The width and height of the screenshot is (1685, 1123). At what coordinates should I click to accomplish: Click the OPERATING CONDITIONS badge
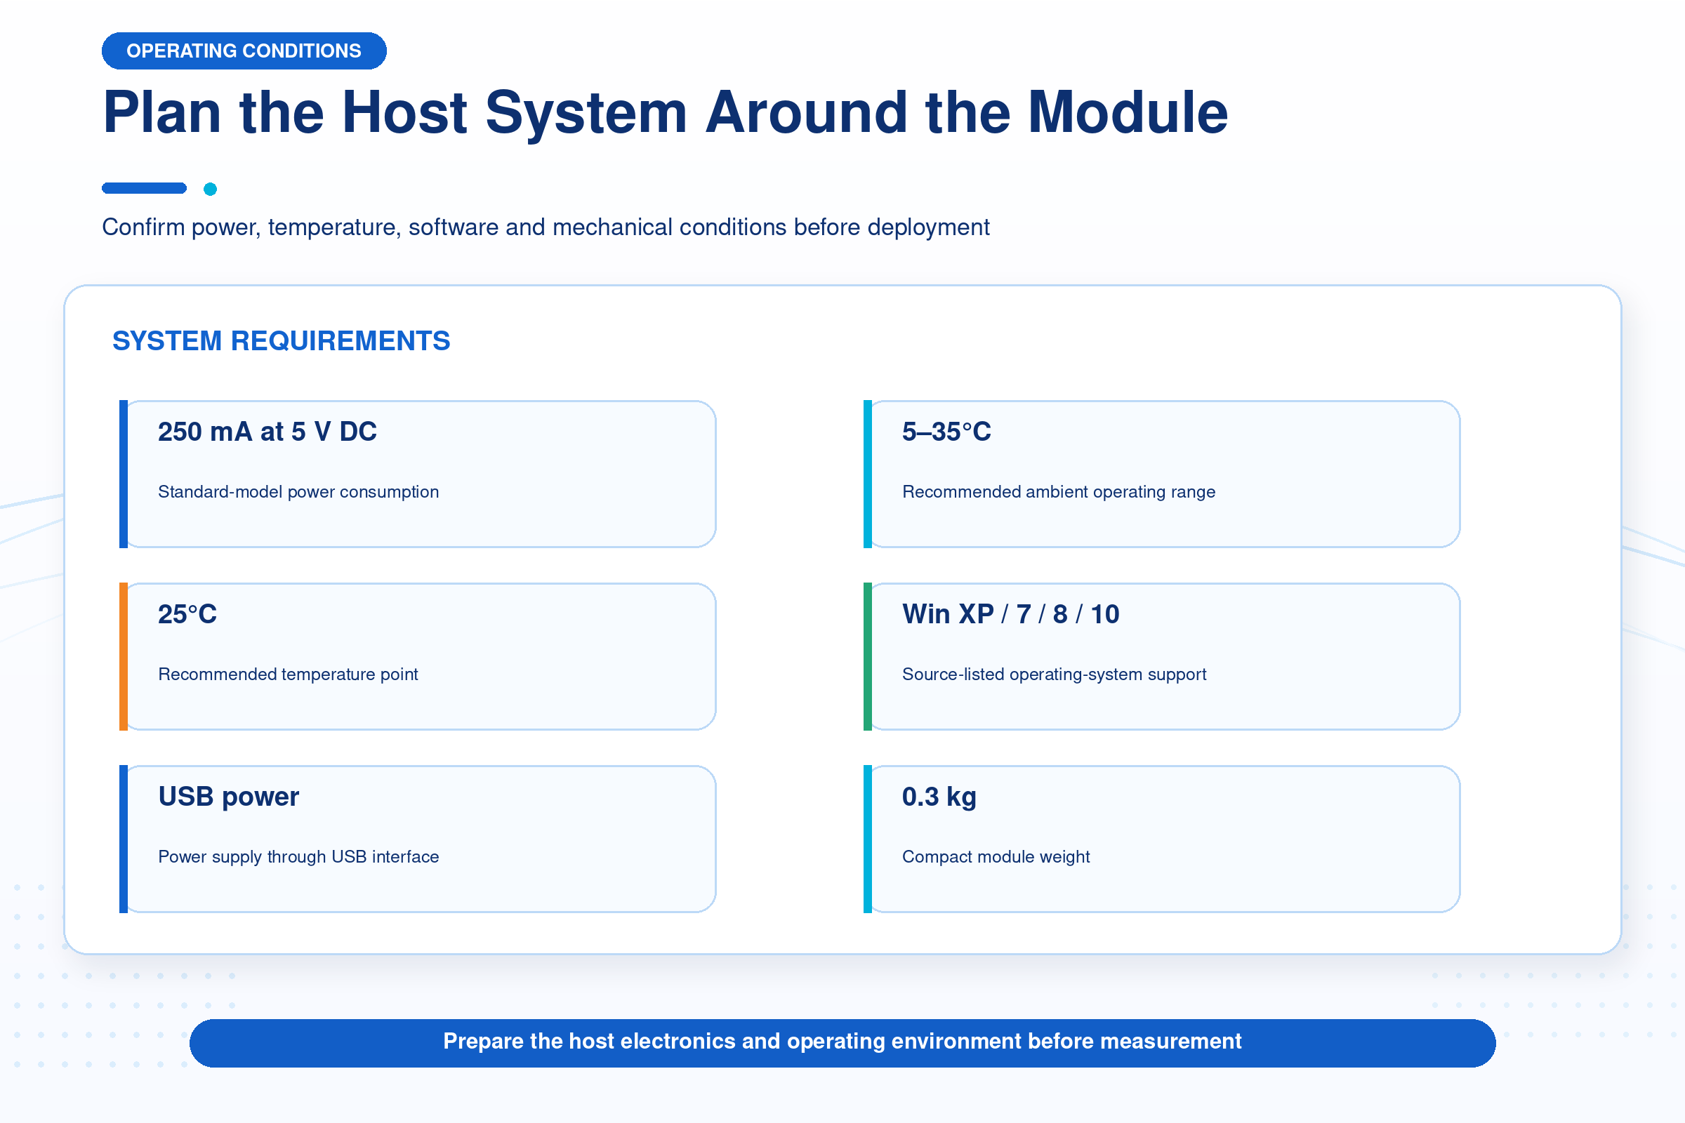pos(244,51)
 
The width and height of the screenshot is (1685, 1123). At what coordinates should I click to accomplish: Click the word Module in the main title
pos(1128,112)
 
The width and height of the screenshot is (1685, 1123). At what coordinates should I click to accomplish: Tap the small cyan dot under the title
pos(210,189)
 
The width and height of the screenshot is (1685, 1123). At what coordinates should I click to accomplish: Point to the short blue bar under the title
pos(144,188)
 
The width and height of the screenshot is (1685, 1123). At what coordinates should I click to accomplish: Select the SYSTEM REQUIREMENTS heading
pos(281,341)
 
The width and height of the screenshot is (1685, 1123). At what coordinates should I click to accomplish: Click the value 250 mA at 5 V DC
pos(267,432)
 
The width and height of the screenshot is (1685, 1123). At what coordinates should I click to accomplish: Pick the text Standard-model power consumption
pos(298,492)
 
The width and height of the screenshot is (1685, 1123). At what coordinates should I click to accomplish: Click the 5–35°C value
pos(946,432)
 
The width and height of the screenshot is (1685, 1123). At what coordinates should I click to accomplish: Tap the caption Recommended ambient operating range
pos(1059,492)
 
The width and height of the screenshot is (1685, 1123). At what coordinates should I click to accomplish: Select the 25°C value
pos(187,615)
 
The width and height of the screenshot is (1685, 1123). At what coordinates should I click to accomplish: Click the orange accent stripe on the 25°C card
pos(124,657)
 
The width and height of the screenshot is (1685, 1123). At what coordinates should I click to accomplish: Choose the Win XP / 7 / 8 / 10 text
pos(1011,615)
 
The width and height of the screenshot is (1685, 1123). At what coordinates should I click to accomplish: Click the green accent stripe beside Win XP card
pos(868,657)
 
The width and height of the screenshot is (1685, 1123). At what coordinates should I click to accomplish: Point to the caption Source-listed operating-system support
pos(1054,675)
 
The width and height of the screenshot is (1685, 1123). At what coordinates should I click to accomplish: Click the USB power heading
pos(229,797)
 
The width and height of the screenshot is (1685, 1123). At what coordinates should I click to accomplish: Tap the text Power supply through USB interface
pos(298,857)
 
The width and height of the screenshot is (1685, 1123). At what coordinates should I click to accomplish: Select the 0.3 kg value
pos(939,797)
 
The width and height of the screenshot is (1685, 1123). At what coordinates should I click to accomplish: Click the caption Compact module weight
pos(996,857)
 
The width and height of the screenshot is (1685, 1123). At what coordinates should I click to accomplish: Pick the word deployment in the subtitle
pos(928,227)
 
